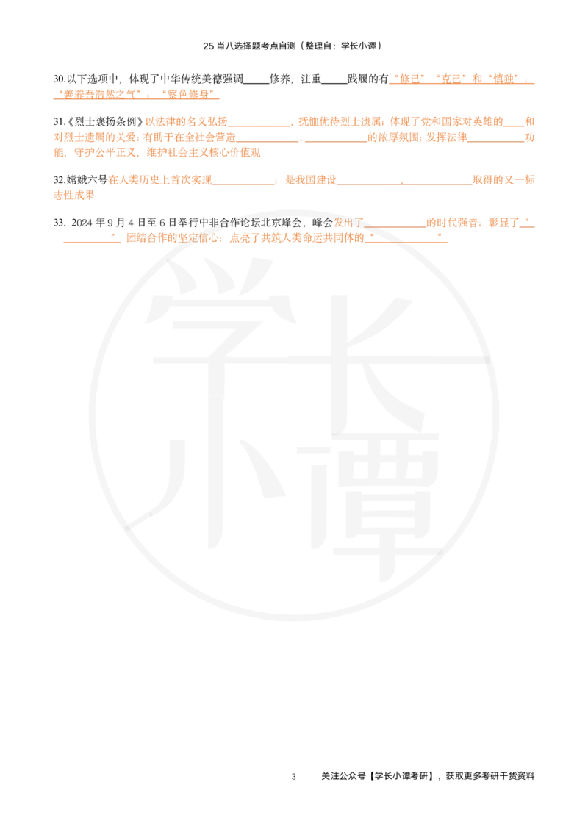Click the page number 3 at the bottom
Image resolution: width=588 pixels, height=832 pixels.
pyautogui.click(x=293, y=777)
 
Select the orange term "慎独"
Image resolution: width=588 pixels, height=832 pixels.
pyautogui.click(x=503, y=79)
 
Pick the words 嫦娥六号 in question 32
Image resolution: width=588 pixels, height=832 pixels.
pyautogui.click(x=87, y=180)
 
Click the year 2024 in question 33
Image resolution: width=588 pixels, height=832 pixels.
pyautogui.click(x=82, y=223)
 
